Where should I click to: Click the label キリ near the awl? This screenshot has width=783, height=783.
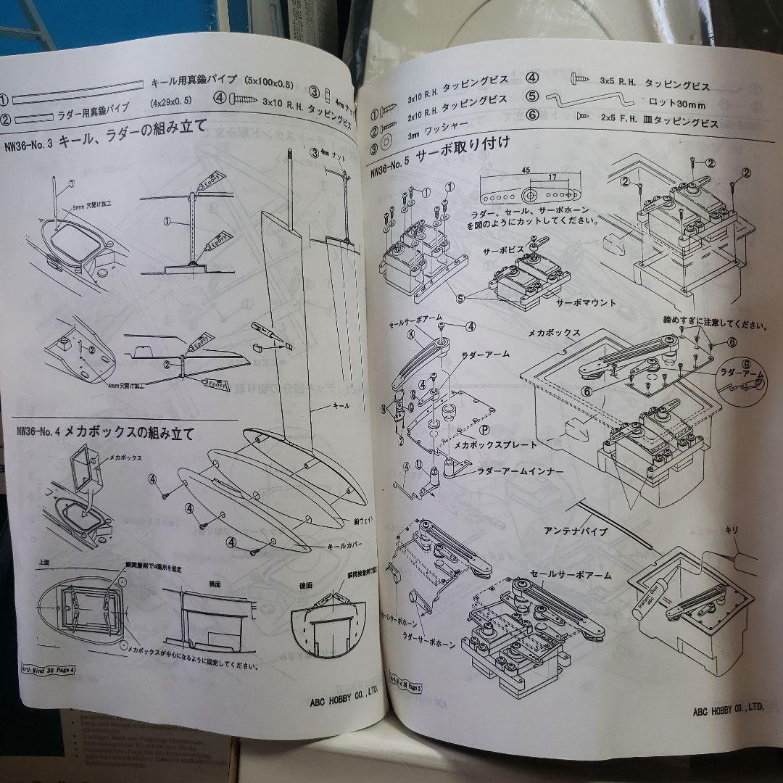point(732,531)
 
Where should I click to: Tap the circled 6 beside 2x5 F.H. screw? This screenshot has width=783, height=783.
point(533,114)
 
